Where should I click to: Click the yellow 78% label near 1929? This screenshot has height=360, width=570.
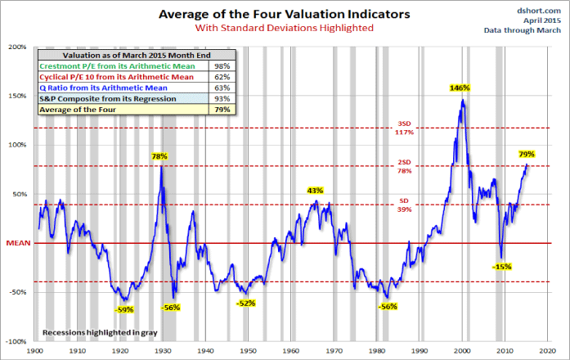click(x=159, y=155)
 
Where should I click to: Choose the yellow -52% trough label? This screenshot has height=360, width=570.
click(x=245, y=304)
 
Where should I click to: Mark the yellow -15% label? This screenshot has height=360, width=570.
click(x=502, y=267)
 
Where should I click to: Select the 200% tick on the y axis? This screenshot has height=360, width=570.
click(x=18, y=47)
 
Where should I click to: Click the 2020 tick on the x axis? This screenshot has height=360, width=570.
click(x=545, y=350)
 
